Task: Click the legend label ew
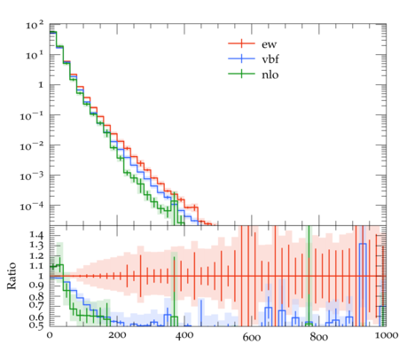click(269, 44)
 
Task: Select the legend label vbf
click(270, 59)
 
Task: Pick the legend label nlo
click(270, 74)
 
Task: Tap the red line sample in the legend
click(241, 43)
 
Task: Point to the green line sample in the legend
click(241, 74)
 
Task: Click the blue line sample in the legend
click(241, 59)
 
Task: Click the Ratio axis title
click(12, 276)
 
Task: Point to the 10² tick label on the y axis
click(35, 26)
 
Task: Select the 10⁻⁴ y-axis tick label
click(32, 206)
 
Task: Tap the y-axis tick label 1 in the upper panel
click(40, 85)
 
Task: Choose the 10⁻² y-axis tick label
click(32, 145)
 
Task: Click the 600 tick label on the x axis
click(252, 337)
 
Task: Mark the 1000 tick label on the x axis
click(386, 335)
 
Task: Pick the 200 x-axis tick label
click(117, 335)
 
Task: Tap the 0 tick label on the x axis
click(50, 335)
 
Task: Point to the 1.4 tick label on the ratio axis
click(36, 236)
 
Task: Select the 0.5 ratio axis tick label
click(36, 325)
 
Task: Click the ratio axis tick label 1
click(41, 276)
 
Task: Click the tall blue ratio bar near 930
click(363, 285)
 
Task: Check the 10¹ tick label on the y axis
click(35, 55)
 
